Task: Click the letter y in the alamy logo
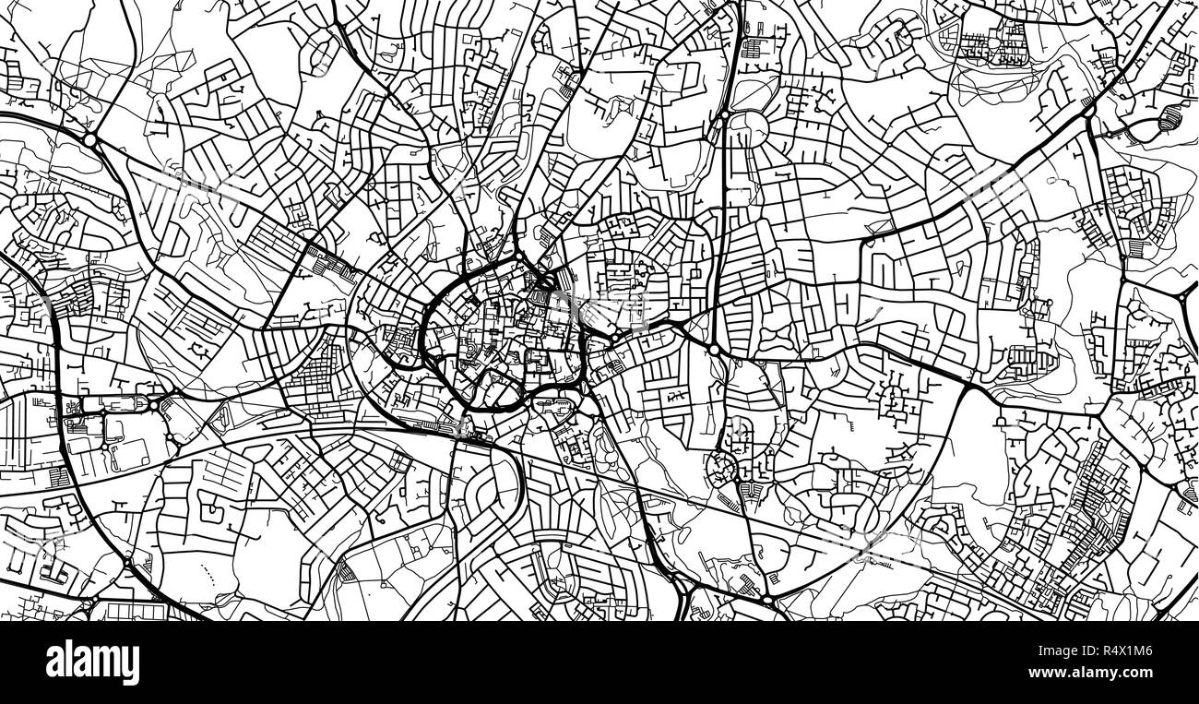click(x=131, y=666)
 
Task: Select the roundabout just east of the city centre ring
click(x=713, y=350)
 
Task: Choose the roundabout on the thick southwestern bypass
click(x=127, y=561)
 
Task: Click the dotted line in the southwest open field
click(x=207, y=578)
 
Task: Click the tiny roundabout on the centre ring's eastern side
click(x=611, y=340)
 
